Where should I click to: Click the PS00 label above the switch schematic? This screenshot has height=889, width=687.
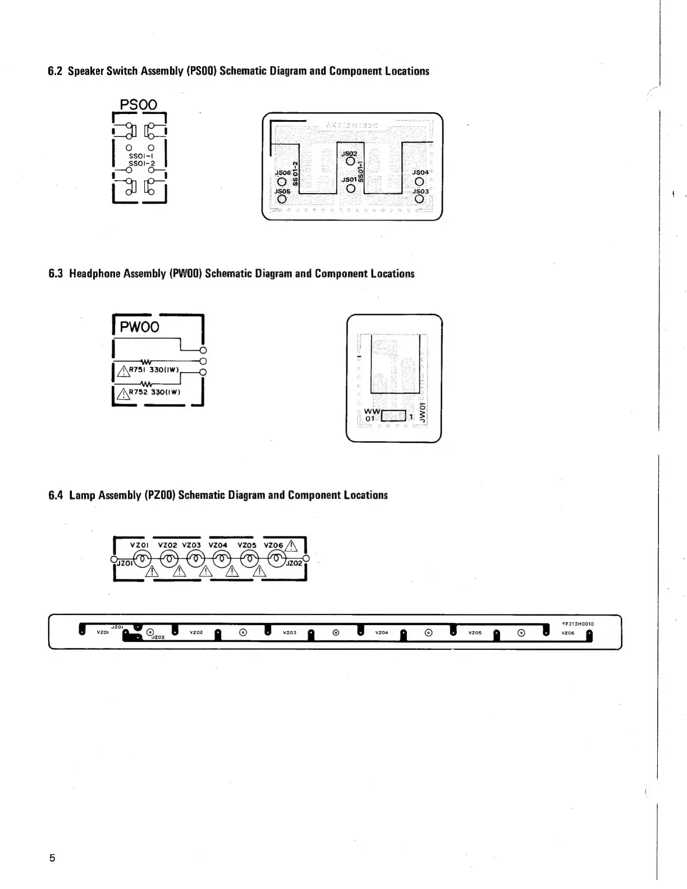click(139, 105)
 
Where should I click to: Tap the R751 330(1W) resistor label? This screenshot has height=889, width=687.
click(154, 369)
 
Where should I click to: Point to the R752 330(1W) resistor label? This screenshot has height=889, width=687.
click(154, 392)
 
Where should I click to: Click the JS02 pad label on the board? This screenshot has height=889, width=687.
click(349, 153)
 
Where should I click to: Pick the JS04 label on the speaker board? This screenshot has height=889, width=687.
click(420, 172)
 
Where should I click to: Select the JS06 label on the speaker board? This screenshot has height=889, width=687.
click(283, 173)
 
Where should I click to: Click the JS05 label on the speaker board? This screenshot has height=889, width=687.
click(282, 191)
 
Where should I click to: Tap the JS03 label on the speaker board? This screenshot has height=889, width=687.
click(420, 191)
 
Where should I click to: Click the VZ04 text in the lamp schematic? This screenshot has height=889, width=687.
click(218, 545)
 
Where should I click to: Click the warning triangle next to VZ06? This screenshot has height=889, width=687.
click(291, 545)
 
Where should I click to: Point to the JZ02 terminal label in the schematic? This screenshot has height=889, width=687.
click(294, 563)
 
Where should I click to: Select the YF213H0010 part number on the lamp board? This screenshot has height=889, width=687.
click(578, 624)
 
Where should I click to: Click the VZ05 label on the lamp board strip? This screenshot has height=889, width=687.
click(475, 633)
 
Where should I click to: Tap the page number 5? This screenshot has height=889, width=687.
click(52, 858)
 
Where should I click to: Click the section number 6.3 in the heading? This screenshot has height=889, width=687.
click(56, 274)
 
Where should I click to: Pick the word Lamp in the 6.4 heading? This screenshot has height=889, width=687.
click(82, 495)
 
